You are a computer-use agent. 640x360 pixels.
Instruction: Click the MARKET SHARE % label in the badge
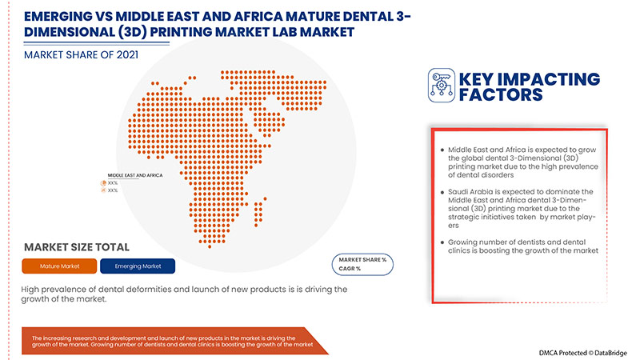coord(362,260)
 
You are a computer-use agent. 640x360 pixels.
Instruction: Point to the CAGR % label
coord(352,270)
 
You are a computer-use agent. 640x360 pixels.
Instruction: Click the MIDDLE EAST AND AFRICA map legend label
coord(135,174)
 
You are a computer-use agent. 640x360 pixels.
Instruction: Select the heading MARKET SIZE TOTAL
coord(77,247)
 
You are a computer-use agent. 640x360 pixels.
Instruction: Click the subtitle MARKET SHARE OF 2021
coord(80,55)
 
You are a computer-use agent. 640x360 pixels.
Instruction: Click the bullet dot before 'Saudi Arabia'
coord(442,192)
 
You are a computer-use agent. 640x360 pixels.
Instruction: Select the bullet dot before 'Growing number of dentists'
coord(442,242)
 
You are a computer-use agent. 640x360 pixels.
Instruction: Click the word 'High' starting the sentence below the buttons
coord(34,289)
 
